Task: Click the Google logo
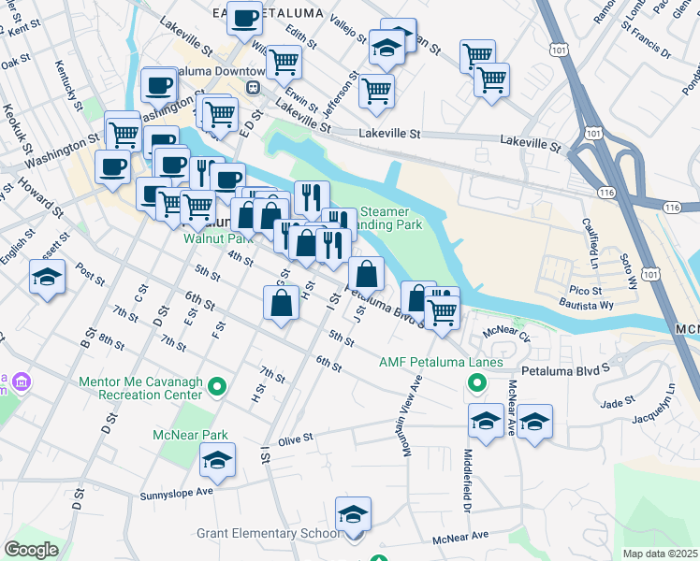click(x=32, y=550)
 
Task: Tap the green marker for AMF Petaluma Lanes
click(x=476, y=382)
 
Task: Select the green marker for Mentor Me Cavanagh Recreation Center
click(x=217, y=385)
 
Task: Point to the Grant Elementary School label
click(x=268, y=534)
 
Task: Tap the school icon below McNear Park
click(x=217, y=460)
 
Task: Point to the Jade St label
click(x=618, y=402)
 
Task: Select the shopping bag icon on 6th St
click(x=282, y=303)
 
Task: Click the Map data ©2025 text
click(x=661, y=554)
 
